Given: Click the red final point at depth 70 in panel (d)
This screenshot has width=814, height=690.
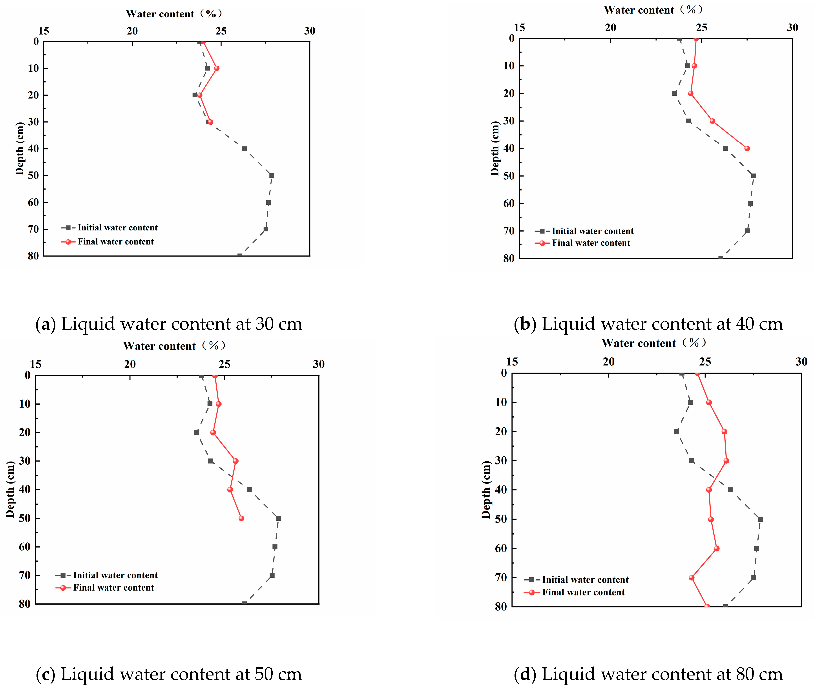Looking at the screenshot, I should point(691,578).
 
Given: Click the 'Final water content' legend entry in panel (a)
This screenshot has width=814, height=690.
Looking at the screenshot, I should point(115,242).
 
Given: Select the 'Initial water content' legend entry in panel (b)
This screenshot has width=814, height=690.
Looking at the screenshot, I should point(592,231).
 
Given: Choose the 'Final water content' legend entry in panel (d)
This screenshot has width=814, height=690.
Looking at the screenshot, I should point(583,592).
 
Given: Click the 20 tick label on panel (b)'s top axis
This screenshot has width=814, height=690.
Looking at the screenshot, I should point(610,28).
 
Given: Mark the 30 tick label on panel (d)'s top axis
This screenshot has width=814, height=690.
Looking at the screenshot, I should point(801,362).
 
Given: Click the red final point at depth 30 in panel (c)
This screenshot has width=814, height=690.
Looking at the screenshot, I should point(235,461).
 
